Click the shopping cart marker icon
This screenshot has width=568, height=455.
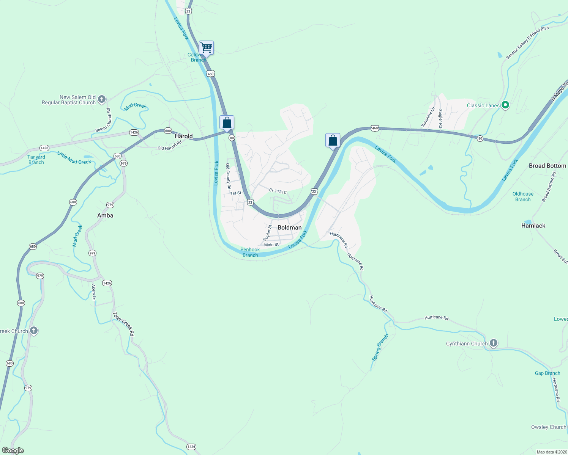pos(206,48)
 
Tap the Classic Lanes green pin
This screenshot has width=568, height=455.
pos(505,105)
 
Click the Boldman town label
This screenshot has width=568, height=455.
pos(289,227)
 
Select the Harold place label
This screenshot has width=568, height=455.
pos(183,136)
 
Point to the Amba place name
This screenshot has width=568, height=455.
pos(105,215)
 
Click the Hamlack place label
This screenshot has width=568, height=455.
pos(533,226)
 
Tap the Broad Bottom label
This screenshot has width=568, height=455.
pos(547,166)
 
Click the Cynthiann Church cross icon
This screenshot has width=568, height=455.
pos(493,344)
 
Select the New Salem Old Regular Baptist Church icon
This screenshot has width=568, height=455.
pos(101,99)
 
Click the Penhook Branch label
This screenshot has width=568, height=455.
pos(250,252)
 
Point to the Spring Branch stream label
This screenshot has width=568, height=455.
pos(380,347)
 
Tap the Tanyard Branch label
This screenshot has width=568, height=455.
pos(36,160)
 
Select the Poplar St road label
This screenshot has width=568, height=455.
pos(268,232)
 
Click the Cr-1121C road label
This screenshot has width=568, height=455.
pos(278,191)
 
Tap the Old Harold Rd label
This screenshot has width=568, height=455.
pos(170,146)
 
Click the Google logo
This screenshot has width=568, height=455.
pos(13,450)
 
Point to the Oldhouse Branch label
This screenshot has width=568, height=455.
pos(523,196)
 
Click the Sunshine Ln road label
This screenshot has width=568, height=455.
pos(428,117)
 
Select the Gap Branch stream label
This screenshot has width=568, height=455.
pos(547,373)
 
